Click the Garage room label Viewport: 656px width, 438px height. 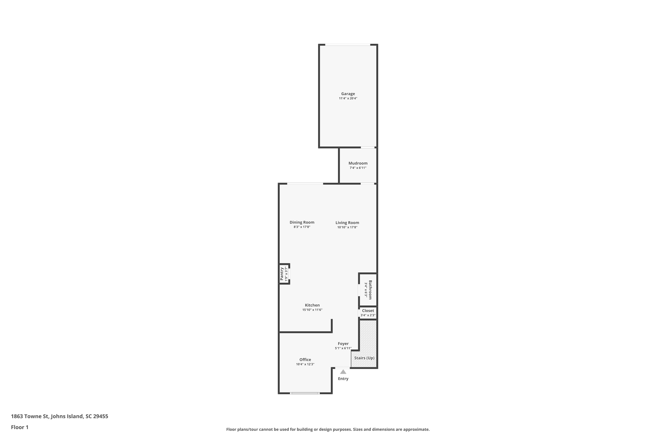pyautogui.click(x=348, y=94)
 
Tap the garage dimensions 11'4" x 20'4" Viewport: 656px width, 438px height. pyautogui.click(x=348, y=98)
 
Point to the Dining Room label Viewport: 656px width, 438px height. pyautogui.click(x=302, y=222)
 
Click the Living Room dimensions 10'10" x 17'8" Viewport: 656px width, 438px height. pyautogui.click(x=347, y=227)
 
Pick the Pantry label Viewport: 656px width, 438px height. pyautogui.click(x=282, y=274)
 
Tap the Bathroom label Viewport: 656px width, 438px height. pyautogui.click(x=370, y=290)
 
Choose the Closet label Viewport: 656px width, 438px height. pyautogui.click(x=368, y=311)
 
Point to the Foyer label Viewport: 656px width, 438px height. pyautogui.click(x=343, y=344)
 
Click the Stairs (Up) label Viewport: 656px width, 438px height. pyautogui.click(x=364, y=358)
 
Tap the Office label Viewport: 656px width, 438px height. pyautogui.click(x=305, y=360)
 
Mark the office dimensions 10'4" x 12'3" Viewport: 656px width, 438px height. pyautogui.click(x=305, y=364)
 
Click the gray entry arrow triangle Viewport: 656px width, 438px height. pyautogui.click(x=343, y=372)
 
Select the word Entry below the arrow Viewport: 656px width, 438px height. pyautogui.click(x=343, y=379)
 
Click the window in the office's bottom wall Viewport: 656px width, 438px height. pyautogui.click(x=305, y=393)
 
